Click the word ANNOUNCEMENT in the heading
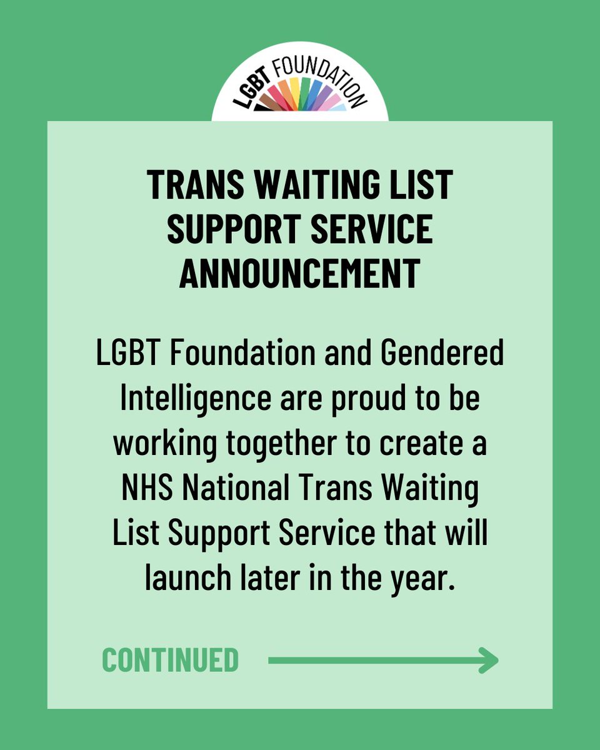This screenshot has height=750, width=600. (x=299, y=274)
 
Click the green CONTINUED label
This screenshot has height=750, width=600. (x=170, y=661)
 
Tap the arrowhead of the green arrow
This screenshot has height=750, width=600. (x=489, y=661)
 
